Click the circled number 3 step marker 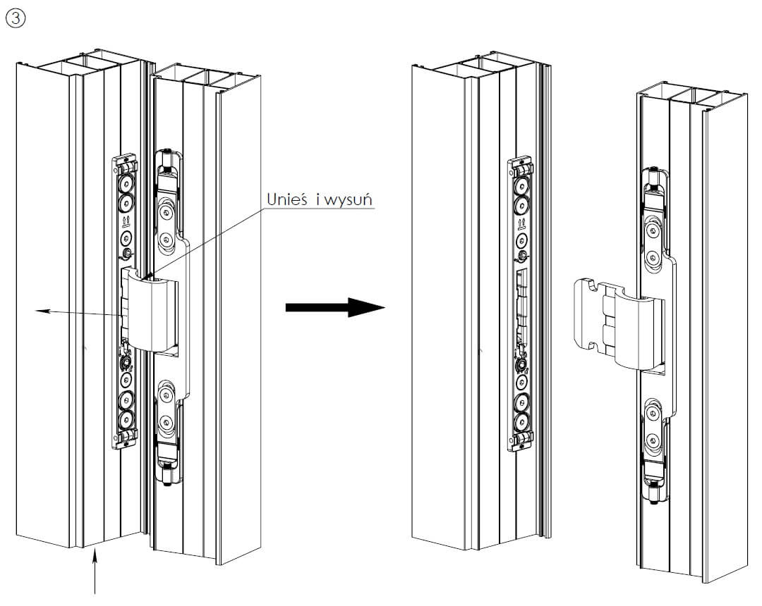click(15, 18)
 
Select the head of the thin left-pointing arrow click(40, 309)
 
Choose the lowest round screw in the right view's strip click(521, 422)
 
